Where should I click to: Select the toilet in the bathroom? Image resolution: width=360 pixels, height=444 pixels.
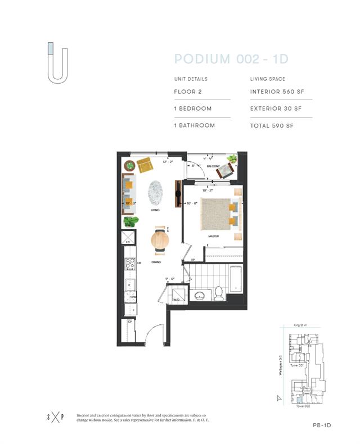[219, 293]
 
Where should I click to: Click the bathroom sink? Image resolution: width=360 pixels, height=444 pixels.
[199, 295]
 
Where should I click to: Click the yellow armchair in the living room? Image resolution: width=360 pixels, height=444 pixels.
[145, 165]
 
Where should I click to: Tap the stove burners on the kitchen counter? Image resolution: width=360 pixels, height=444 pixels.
[129, 264]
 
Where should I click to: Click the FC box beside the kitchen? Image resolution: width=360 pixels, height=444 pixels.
[129, 237]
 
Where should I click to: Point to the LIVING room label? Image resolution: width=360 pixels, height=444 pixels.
[155, 210]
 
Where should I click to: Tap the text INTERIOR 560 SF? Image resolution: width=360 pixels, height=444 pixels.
[276, 91]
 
